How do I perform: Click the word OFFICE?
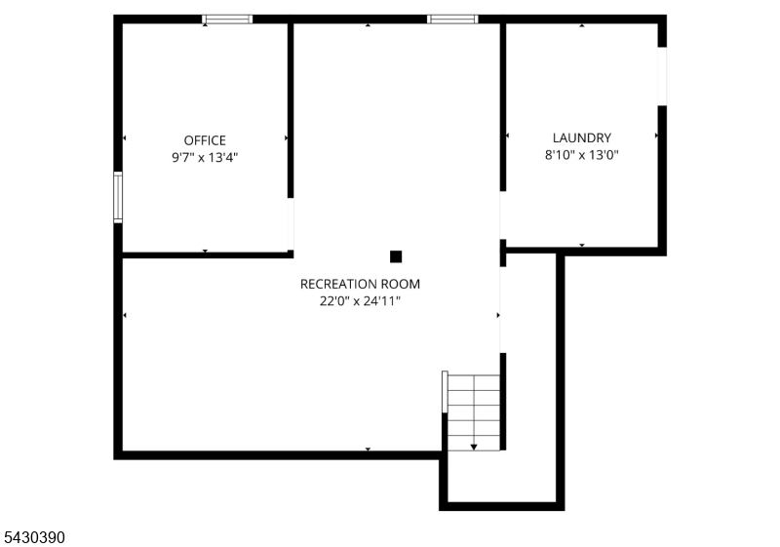(205, 140)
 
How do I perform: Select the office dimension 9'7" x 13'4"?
(205, 158)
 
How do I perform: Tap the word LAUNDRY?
(581, 137)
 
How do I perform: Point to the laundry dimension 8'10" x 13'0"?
(581, 155)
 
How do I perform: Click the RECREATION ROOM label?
(360, 284)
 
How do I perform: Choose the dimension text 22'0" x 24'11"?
(360, 301)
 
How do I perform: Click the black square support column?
(396, 256)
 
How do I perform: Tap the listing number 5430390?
(34, 537)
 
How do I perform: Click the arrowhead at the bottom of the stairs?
(474, 447)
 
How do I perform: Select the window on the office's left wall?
(118, 197)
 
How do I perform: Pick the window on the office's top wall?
(227, 20)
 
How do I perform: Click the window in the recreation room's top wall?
(452, 20)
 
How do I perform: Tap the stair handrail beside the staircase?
(445, 392)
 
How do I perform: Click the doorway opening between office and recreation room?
(291, 224)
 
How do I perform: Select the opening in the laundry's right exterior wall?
(662, 76)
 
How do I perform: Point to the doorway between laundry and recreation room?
(502, 215)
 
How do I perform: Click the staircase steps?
(474, 412)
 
